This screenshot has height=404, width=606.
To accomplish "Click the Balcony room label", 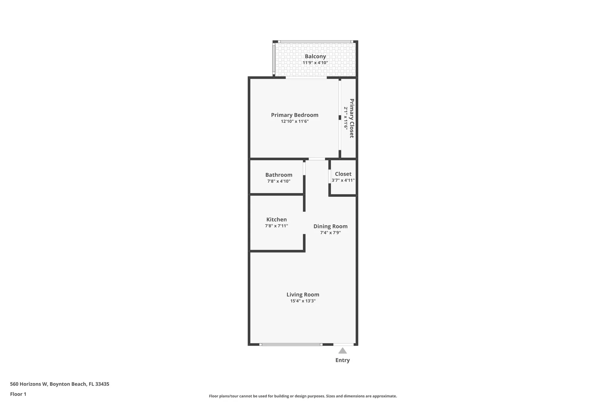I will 315,56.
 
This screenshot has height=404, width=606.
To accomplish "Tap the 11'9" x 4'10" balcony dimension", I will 315,63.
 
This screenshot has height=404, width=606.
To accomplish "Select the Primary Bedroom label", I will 295,115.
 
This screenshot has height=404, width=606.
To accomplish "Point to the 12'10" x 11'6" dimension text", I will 295,121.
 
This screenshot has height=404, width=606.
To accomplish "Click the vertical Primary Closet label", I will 351,118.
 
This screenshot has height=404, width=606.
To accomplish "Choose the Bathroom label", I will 279,175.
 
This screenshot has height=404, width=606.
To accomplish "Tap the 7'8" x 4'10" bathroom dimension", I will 279,181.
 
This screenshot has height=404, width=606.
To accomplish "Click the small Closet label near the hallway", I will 343,174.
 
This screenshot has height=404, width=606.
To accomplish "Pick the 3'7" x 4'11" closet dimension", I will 343,180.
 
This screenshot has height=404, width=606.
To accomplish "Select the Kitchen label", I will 276,219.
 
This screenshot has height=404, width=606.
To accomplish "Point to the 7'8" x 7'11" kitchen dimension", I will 276,226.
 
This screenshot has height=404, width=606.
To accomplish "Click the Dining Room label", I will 330,226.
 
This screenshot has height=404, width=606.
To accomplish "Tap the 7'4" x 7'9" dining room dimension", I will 330,233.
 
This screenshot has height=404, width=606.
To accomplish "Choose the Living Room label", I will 303,295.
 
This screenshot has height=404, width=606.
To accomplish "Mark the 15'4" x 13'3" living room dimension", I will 303,301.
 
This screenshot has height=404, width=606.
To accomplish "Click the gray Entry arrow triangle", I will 342,351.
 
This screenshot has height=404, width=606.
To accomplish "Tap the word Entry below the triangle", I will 342,360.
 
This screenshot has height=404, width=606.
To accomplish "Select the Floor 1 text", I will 18,394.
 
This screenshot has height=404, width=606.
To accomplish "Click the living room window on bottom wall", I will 291,344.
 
